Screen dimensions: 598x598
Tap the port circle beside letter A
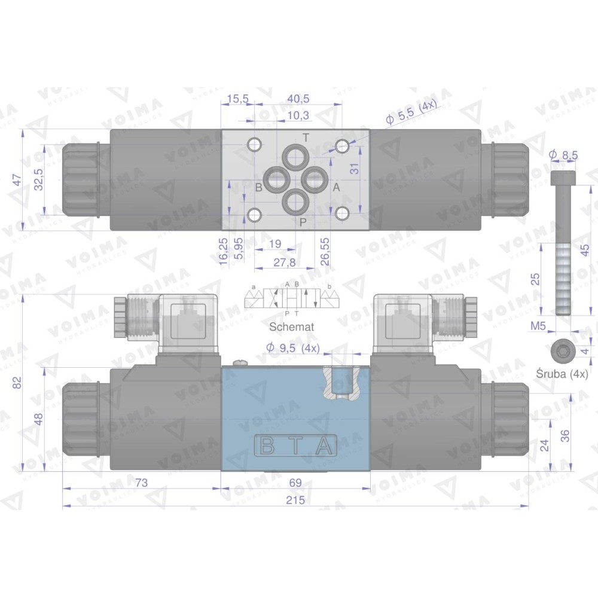[x=315, y=179]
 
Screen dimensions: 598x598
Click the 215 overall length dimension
[x=295, y=499]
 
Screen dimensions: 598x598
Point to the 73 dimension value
[x=141, y=483]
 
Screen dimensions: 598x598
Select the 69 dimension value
[x=295, y=483]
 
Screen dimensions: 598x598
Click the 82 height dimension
[x=16, y=383]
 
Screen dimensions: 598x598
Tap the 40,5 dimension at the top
[x=298, y=99]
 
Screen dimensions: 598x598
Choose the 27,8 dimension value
[x=284, y=263]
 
